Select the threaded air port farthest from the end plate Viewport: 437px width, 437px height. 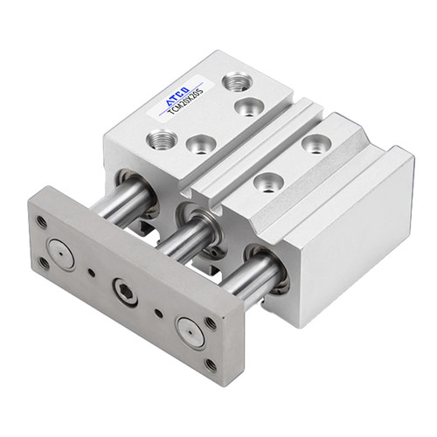coord(237,81)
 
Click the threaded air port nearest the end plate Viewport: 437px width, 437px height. coord(161,139)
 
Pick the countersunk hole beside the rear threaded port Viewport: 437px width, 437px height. coord(249,107)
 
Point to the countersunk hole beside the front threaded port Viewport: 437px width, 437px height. coord(201,144)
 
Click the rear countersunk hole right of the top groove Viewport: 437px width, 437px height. coord(316,143)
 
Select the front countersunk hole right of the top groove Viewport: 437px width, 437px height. coord(268,183)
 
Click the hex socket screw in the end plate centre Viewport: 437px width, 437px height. coord(126,292)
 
